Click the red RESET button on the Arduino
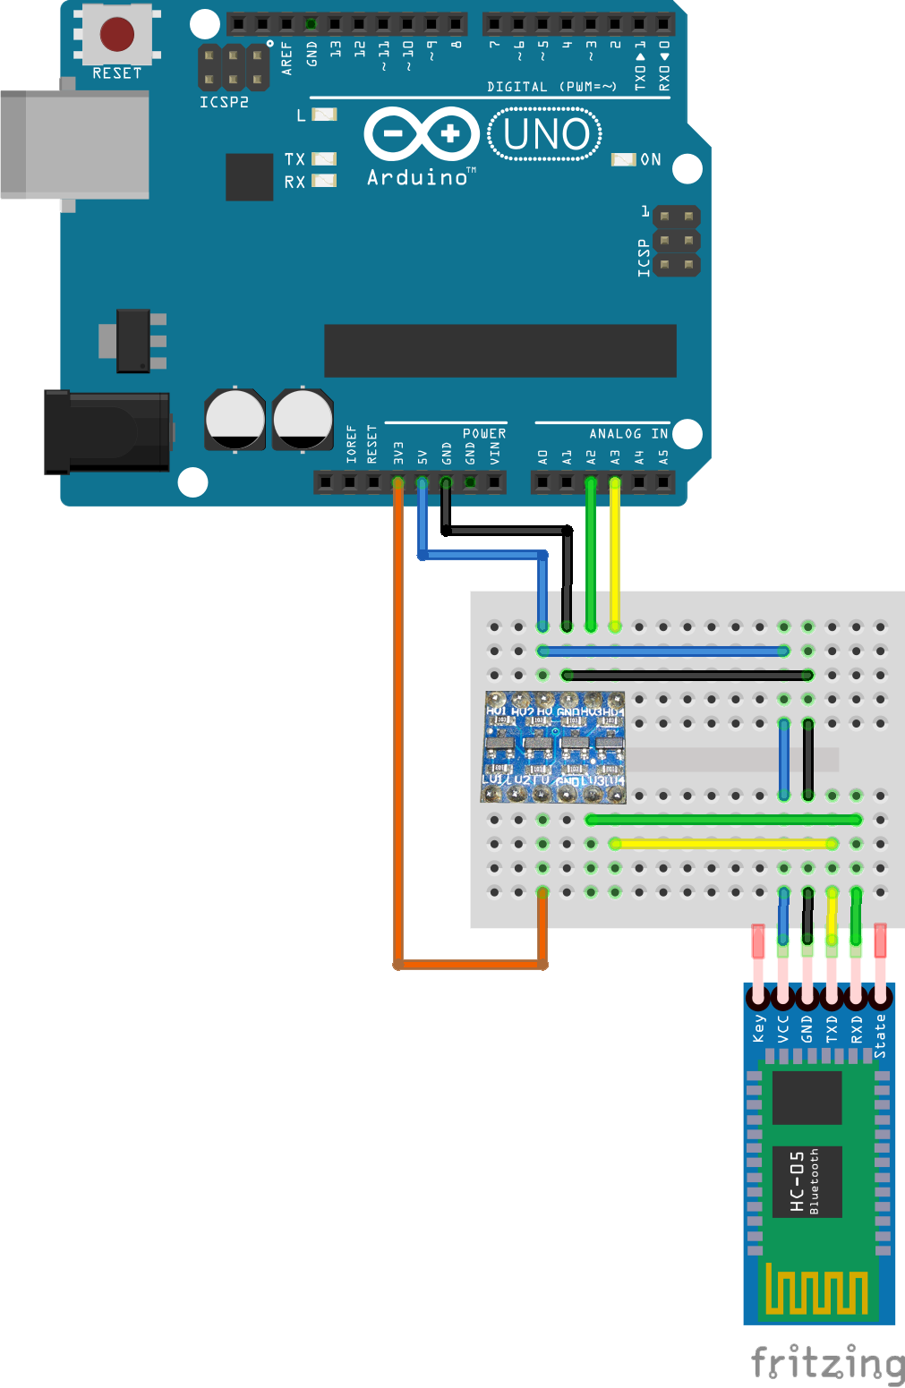click(x=116, y=35)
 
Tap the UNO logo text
click(x=545, y=135)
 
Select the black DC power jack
click(x=107, y=432)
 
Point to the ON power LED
click(x=623, y=159)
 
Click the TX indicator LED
click(x=323, y=159)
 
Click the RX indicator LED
click(x=323, y=181)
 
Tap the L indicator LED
click(x=324, y=115)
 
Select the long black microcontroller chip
click(x=499, y=351)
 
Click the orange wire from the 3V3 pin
click(x=398, y=716)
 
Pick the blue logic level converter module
click(x=554, y=745)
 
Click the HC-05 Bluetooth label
click(x=806, y=1181)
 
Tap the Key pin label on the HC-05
click(x=759, y=1028)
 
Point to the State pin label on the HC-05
click(x=880, y=1035)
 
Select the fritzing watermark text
click(x=827, y=1364)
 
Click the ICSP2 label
click(x=224, y=102)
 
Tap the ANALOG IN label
click(x=628, y=434)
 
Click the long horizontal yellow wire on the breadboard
click(x=723, y=843)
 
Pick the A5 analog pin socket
click(x=663, y=482)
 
